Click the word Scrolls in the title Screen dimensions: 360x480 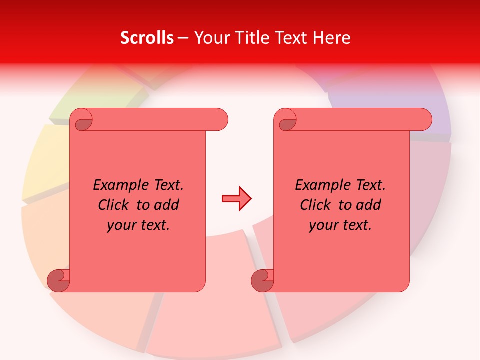[147, 38]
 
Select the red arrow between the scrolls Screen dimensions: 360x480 [236, 199]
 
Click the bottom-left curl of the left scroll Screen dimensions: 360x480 [58, 280]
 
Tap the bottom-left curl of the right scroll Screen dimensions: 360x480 [262, 280]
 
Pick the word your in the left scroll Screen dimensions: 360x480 [121, 225]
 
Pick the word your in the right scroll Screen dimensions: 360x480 [323, 225]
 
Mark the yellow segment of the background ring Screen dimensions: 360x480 [42, 160]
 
